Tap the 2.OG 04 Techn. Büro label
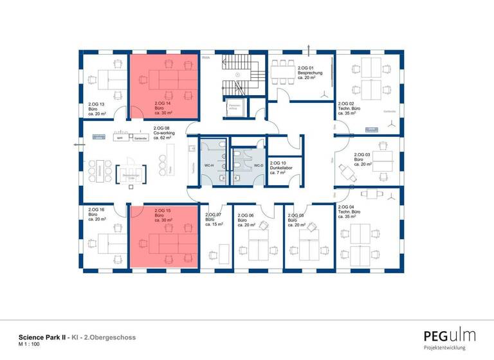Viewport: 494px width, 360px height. click(x=350, y=214)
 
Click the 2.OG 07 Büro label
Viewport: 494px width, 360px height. click(x=214, y=219)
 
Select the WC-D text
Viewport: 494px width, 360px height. click(x=258, y=166)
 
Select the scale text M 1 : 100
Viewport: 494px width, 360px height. click(x=30, y=345)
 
